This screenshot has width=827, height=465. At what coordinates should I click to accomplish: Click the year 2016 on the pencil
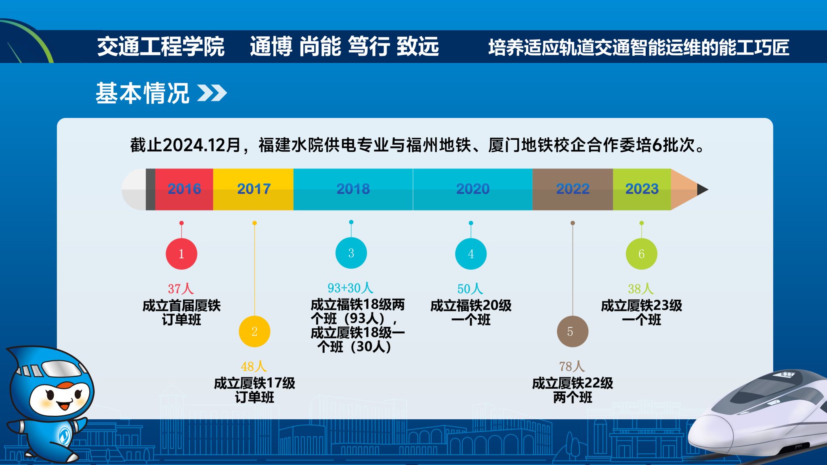184,189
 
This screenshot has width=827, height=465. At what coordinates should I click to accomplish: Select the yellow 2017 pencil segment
254,189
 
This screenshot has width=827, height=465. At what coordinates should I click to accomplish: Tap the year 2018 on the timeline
353,189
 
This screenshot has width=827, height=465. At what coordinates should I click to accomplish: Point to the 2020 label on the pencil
473,189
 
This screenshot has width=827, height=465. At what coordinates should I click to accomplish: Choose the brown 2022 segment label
573,189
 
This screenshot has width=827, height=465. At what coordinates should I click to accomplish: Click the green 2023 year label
642,189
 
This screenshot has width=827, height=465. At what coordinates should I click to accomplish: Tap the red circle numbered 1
181,254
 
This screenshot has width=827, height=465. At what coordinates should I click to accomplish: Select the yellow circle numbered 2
254,331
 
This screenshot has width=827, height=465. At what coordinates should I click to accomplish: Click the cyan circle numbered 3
351,253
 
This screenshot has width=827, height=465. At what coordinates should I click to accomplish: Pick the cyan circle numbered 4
471,254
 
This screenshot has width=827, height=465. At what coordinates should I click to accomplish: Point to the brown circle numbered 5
573,331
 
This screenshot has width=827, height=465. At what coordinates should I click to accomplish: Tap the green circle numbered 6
642,254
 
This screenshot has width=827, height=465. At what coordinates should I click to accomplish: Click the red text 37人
181,288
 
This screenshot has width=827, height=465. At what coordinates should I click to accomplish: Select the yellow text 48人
254,366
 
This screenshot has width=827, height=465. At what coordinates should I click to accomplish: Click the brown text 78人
572,366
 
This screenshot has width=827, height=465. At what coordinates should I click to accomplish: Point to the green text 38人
641,288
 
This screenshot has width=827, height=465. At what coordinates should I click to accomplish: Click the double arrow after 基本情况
212,93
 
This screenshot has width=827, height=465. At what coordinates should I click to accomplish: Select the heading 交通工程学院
161,46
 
